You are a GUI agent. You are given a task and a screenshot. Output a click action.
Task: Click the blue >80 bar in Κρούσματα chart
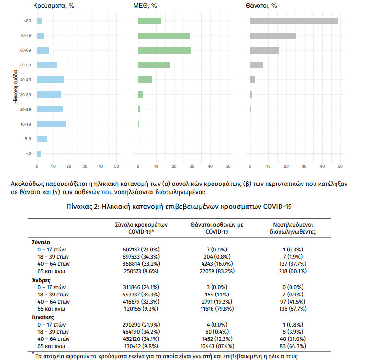(x=39, y=21)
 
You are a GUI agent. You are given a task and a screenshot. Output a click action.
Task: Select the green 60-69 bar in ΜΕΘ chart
(x=164, y=50)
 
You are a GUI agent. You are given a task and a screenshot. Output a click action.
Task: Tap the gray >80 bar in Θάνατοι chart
(x=294, y=21)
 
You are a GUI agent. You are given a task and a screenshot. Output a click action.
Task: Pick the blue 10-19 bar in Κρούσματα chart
(x=52, y=124)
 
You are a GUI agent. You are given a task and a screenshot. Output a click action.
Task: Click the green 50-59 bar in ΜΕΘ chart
(x=154, y=65)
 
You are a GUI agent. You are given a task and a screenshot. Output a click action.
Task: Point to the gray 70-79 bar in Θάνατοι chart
(x=273, y=35)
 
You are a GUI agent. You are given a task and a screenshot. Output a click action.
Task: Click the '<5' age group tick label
(x=28, y=154)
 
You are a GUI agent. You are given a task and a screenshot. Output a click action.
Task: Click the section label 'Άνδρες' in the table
(x=41, y=280)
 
